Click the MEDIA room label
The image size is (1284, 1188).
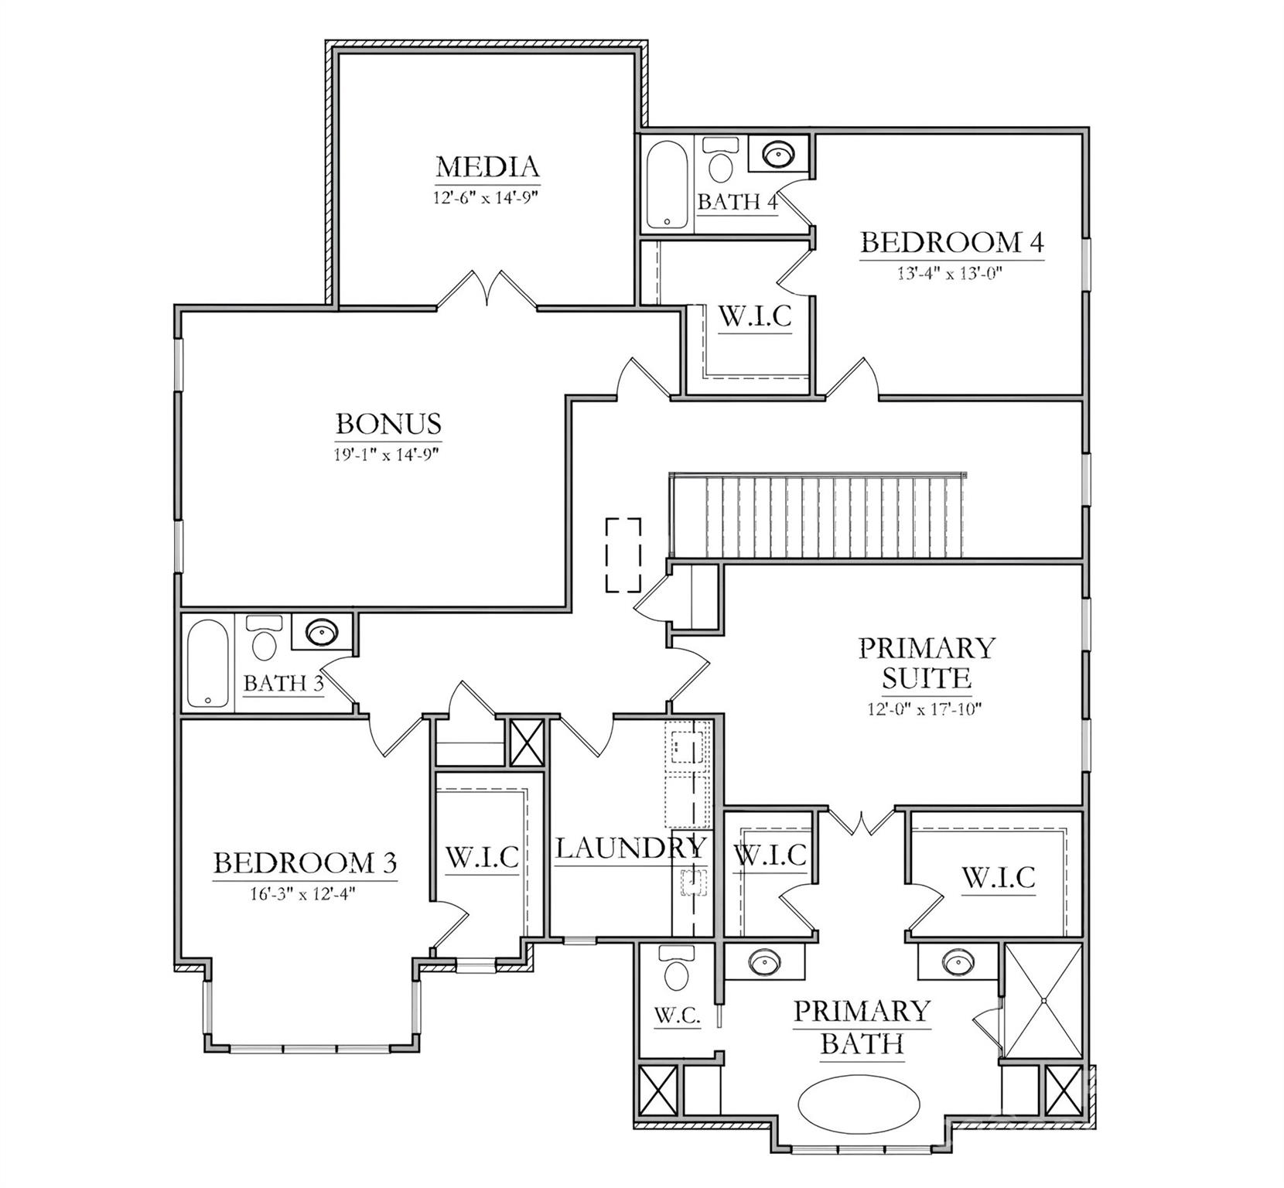click(487, 166)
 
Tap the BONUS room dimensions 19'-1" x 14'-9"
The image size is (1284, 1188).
click(388, 455)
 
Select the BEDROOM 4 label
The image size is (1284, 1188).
click(951, 243)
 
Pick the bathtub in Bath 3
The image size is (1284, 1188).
click(207, 663)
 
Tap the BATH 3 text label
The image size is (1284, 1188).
click(282, 684)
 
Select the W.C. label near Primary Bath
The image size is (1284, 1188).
click(678, 1016)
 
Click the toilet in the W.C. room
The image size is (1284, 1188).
click(677, 969)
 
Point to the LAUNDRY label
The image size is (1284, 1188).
click(630, 848)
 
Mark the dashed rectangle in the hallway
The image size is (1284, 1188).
click(623, 555)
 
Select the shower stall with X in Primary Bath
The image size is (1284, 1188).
click(1043, 1000)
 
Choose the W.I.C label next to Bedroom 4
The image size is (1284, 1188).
click(755, 317)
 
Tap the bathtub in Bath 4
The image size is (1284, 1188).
click(668, 184)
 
